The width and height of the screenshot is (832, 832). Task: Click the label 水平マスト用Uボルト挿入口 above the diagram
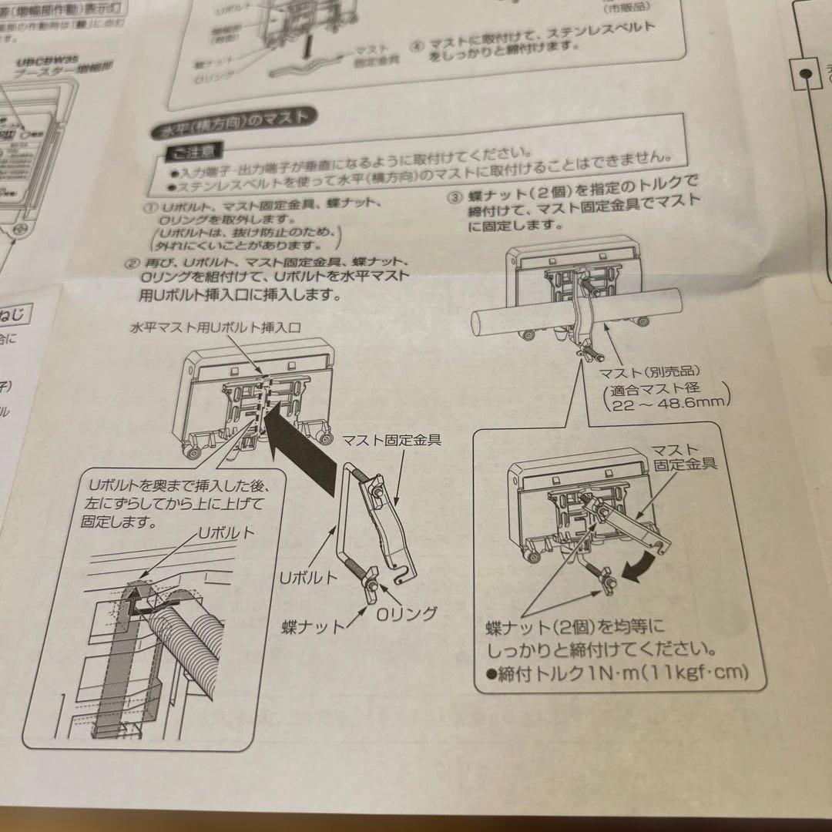click(215, 328)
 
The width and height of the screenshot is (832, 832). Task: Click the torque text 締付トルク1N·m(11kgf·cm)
click(616, 673)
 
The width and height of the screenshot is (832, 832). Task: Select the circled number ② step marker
click(131, 264)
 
